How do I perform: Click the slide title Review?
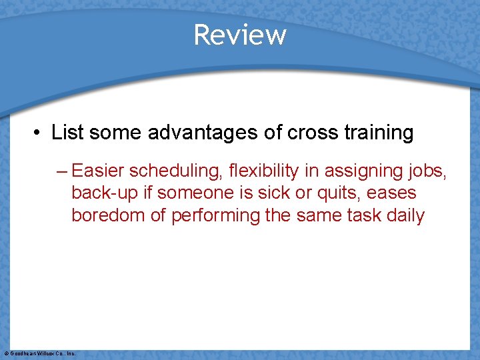[240, 35]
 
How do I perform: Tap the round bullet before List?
[39, 133]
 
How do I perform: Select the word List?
[68, 133]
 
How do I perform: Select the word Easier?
[98, 171]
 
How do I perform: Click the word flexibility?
[264, 171]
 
